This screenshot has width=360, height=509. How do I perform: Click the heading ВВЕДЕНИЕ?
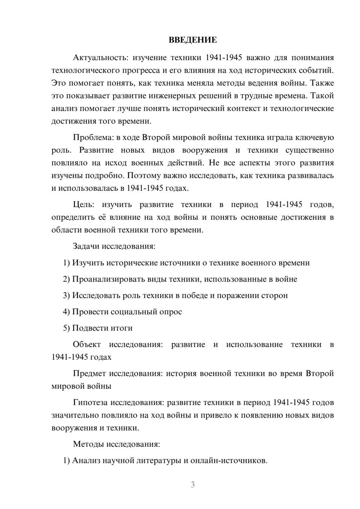click(x=193, y=40)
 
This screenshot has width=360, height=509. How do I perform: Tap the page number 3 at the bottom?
click(x=193, y=485)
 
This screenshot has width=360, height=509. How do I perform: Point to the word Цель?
click(x=84, y=204)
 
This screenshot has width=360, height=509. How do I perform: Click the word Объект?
click(x=87, y=344)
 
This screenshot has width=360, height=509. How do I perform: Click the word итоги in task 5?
click(x=122, y=328)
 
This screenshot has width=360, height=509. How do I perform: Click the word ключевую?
click(x=315, y=138)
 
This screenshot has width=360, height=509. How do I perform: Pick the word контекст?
click(x=244, y=108)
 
